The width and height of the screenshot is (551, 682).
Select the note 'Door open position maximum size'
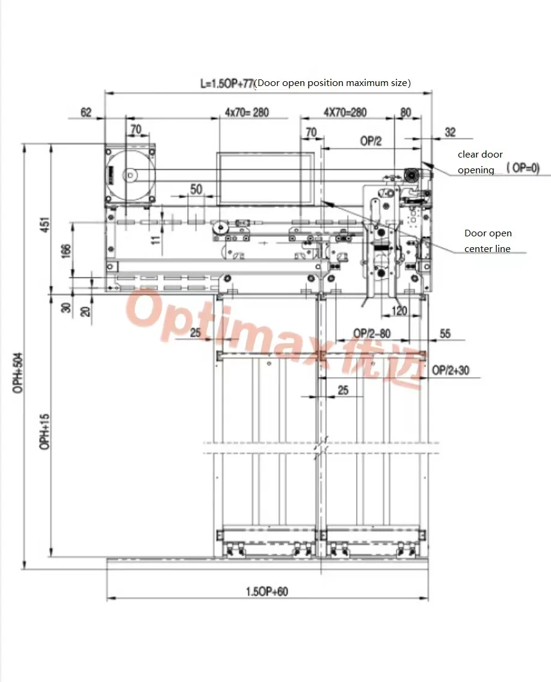pos(333,83)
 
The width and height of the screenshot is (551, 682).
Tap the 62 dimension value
pos(86,112)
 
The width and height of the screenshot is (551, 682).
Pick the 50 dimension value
pos(196,189)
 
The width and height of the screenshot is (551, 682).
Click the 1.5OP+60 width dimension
pos(266,592)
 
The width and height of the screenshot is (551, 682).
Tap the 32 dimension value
pos(450,132)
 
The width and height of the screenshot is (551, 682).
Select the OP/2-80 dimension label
pos(371,333)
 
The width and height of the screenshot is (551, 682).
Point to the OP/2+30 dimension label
pos(451,370)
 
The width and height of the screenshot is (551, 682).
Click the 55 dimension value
pos(445,333)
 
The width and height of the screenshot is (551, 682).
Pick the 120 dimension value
pos(399,311)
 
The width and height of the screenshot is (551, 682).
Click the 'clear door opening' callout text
pos(479,162)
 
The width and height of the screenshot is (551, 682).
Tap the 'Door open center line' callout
pos(487,241)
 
